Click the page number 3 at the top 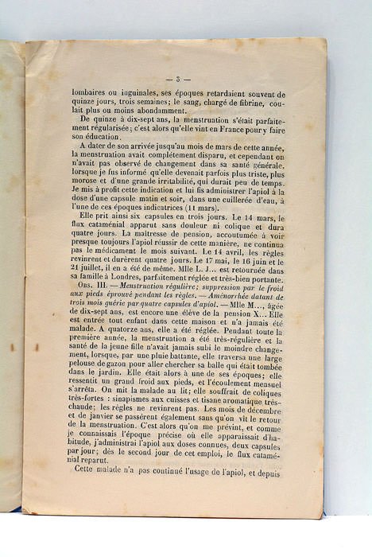pyautogui.click(x=179, y=79)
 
